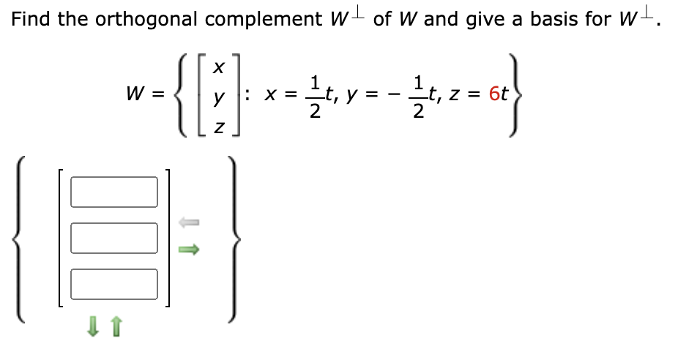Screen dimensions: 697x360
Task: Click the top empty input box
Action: (x=113, y=192)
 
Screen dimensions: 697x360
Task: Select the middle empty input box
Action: (x=113, y=239)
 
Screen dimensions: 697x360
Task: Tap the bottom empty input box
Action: (x=113, y=285)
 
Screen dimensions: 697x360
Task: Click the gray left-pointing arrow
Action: (x=189, y=222)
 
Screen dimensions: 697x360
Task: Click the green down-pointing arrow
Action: (x=92, y=326)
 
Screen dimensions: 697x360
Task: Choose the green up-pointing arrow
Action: (x=116, y=326)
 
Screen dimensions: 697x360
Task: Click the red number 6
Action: (x=494, y=94)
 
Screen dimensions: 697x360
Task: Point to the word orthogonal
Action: (x=146, y=20)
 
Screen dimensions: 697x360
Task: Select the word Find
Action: (x=30, y=19)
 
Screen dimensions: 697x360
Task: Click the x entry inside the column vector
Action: (x=218, y=67)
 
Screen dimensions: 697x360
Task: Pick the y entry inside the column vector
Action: (x=218, y=97)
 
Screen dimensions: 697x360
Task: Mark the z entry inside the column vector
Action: (x=218, y=127)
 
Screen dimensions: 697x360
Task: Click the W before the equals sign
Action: (x=135, y=94)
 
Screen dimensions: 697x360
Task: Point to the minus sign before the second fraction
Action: (x=391, y=94)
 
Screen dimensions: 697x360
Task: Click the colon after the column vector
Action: (x=247, y=94)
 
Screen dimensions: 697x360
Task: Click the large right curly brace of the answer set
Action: (x=234, y=239)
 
